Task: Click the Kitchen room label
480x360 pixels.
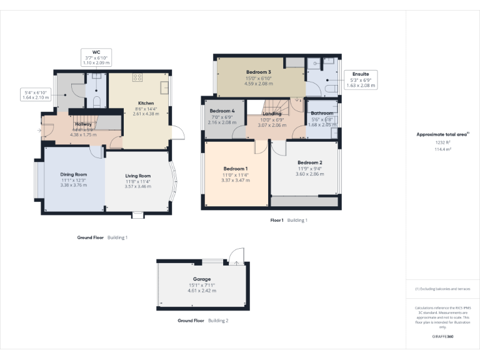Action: point(146,103)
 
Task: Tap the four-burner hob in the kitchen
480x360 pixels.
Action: point(137,78)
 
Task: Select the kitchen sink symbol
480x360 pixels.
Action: point(164,87)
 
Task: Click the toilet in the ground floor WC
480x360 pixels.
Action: point(97,101)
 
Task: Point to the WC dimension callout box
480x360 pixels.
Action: point(97,57)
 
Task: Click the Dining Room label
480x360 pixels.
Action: point(73,174)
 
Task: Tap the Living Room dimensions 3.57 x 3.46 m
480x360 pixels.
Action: point(137,186)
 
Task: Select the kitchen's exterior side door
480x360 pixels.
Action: point(176,132)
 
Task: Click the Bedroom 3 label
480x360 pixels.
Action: point(258,72)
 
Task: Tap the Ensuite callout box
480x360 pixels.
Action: point(361,80)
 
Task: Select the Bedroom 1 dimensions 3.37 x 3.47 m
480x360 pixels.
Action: point(236,180)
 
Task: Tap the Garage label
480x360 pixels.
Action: point(202,279)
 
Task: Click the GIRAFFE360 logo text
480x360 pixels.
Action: point(442,336)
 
